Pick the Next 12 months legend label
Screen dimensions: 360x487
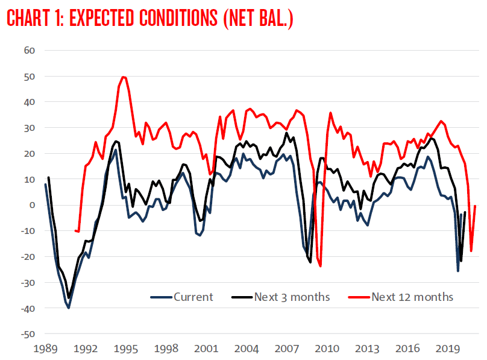pyautogui.click(x=412, y=297)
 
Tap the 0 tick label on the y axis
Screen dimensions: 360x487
pyautogui.click(x=34, y=205)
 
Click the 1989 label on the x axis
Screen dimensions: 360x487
pyautogui.click(x=46, y=348)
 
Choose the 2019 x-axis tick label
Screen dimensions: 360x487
pyautogui.click(x=447, y=348)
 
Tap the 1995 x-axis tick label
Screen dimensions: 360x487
pyautogui.click(x=126, y=348)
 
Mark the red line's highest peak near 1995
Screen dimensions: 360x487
pyautogui.click(x=123, y=77)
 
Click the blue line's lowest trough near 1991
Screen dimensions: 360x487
pyautogui.click(x=69, y=308)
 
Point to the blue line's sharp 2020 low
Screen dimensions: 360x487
pyautogui.click(x=458, y=271)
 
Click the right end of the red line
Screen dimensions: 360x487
pyautogui.click(x=476, y=206)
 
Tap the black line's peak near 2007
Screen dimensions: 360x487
pyautogui.click(x=286, y=133)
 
